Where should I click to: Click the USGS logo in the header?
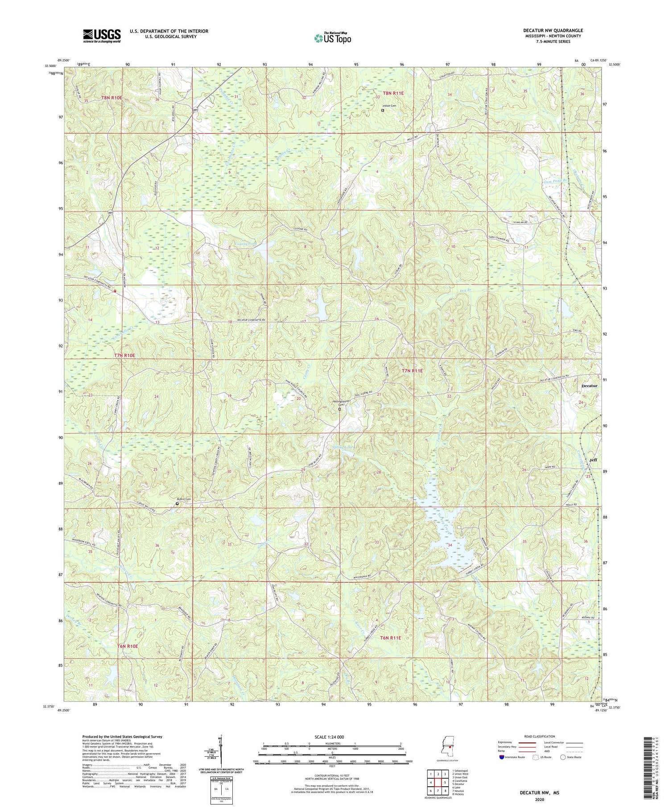[102, 36]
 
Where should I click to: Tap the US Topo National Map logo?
[332, 38]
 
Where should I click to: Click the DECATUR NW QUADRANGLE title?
[553, 30]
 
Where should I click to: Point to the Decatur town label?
[589, 386]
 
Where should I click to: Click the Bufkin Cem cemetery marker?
[177, 504]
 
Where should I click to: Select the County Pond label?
[246, 244]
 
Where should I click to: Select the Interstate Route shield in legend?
[501, 757]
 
